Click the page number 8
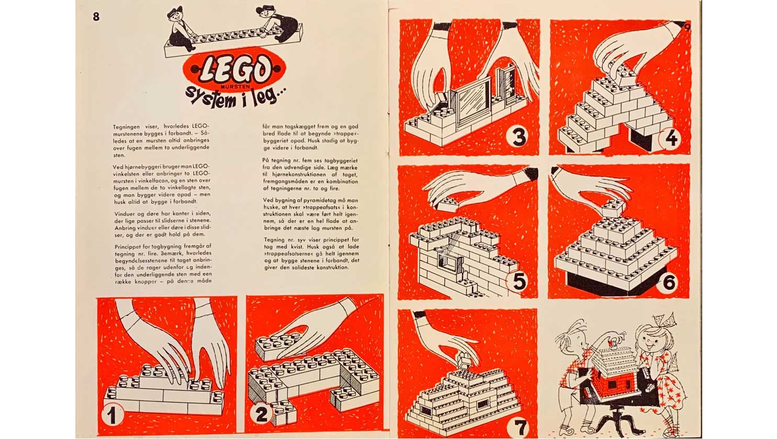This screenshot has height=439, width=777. pyautogui.click(x=96, y=17)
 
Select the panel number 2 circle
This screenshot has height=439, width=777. pyautogui.click(x=261, y=414)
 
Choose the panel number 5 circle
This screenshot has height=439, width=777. pyautogui.click(x=519, y=282)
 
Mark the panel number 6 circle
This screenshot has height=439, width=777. pyautogui.click(x=669, y=283)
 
